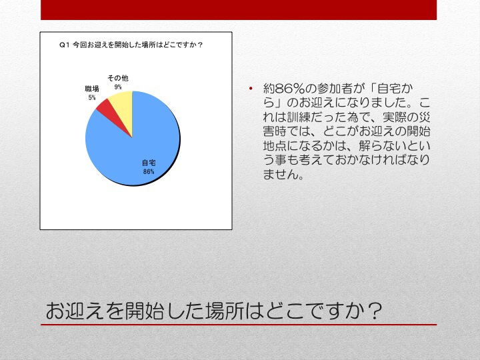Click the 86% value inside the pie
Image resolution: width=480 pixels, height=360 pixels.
tap(149, 172)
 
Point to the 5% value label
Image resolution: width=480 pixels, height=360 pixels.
tap(92, 97)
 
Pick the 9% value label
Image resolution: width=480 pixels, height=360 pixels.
tap(118, 87)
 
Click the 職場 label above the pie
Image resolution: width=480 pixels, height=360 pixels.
tap(92, 89)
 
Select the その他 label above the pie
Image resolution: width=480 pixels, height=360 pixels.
tap(118, 78)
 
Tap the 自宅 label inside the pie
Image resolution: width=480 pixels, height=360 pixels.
tap(149, 163)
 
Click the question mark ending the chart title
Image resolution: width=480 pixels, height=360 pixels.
tap(200, 45)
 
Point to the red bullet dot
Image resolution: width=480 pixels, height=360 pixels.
tap(251, 89)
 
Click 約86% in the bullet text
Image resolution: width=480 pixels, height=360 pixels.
tap(283, 89)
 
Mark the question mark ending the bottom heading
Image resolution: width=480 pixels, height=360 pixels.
tap(375, 311)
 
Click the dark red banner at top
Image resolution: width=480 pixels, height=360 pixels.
tap(239, 10)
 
